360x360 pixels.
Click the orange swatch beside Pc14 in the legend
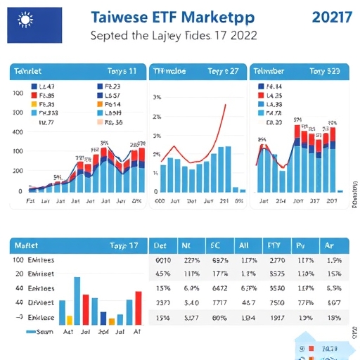(x=98, y=104)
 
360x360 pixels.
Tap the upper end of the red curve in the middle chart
(x=225, y=105)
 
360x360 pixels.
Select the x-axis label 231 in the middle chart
(x=224, y=201)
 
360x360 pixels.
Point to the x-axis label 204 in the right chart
(x=281, y=201)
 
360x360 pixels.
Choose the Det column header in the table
(x=160, y=245)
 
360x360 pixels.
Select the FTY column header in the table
(x=274, y=245)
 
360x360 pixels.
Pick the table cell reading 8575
(x=276, y=274)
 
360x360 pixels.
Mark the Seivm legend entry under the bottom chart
(x=44, y=330)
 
